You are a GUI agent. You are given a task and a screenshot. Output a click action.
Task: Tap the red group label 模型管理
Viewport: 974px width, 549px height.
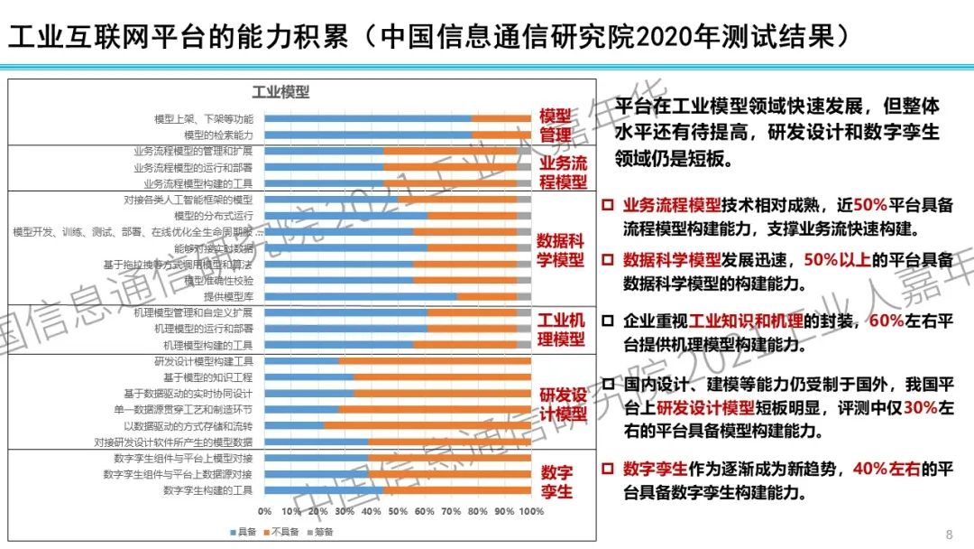coord(556,126)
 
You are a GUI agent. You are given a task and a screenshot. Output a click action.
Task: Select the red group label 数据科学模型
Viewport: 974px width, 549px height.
coord(560,250)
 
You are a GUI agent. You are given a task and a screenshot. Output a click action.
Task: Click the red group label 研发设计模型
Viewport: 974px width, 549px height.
coord(563,404)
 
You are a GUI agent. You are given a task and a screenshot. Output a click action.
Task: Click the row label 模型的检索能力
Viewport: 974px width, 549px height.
coord(219,135)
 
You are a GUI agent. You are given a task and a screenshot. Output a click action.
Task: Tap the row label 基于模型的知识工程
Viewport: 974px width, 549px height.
coord(208,377)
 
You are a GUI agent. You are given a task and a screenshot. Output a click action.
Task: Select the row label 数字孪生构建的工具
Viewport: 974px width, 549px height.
coord(208,490)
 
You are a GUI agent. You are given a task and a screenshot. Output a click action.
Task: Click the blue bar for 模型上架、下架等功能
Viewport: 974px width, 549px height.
coord(368,118)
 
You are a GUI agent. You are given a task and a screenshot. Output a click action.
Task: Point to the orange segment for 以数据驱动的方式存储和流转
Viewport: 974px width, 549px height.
coord(427,425)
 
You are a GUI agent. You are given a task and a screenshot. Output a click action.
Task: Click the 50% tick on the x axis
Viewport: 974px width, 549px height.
coord(398,512)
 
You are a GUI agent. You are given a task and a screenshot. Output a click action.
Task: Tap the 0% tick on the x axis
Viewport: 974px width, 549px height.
coord(264,512)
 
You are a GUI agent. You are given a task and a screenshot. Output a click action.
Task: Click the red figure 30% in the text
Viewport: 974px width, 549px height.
coord(920,408)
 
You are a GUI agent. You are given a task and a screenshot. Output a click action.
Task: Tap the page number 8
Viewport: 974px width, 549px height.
coord(948,533)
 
